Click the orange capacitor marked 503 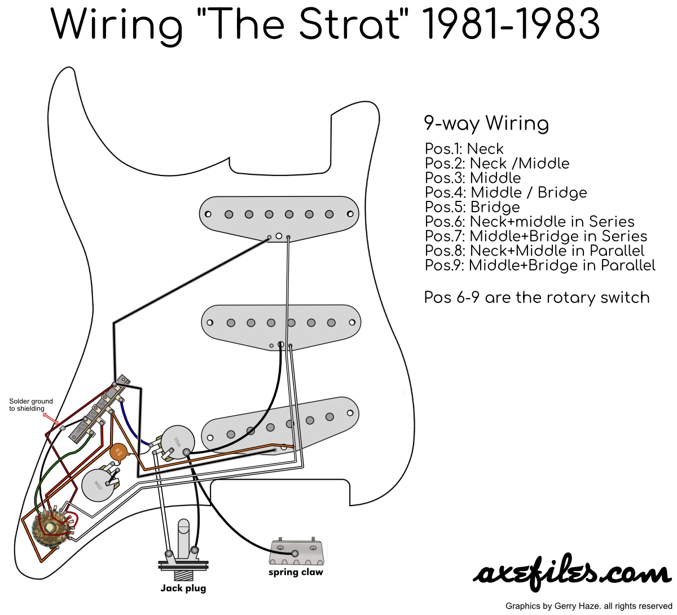pyautogui.click(x=118, y=452)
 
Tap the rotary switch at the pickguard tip pyautogui.click(x=49, y=527)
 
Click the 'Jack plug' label pyautogui.click(x=183, y=588)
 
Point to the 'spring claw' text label pyautogui.click(x=296, y=572)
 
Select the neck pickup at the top pyautogui.click(x=279, y=215)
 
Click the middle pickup pyautogui.click(x=281, y=323)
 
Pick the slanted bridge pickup pyautogui.click(x=280, y=424)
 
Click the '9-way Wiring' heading pyautogui.click(x=486, y=123)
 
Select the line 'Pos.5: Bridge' pyautogui.click(x=472, y=207)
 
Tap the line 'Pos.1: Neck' pyautogui.click(x=464, y=149)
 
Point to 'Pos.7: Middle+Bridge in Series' pyautogui.click(x=535, y=236)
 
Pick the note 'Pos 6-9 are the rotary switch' pyautogui.click(x=537, y=297)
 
